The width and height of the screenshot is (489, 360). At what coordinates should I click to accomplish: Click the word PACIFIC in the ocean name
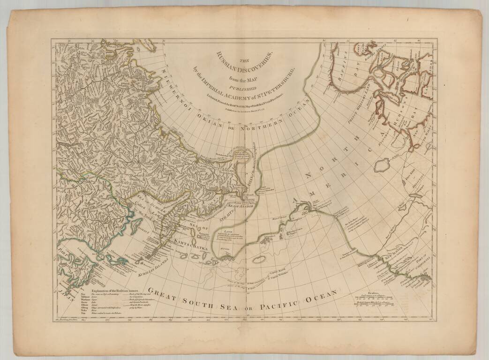[x=278, y=300]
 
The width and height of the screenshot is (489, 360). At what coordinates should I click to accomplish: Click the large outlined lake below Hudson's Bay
[x=382, y=164]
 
